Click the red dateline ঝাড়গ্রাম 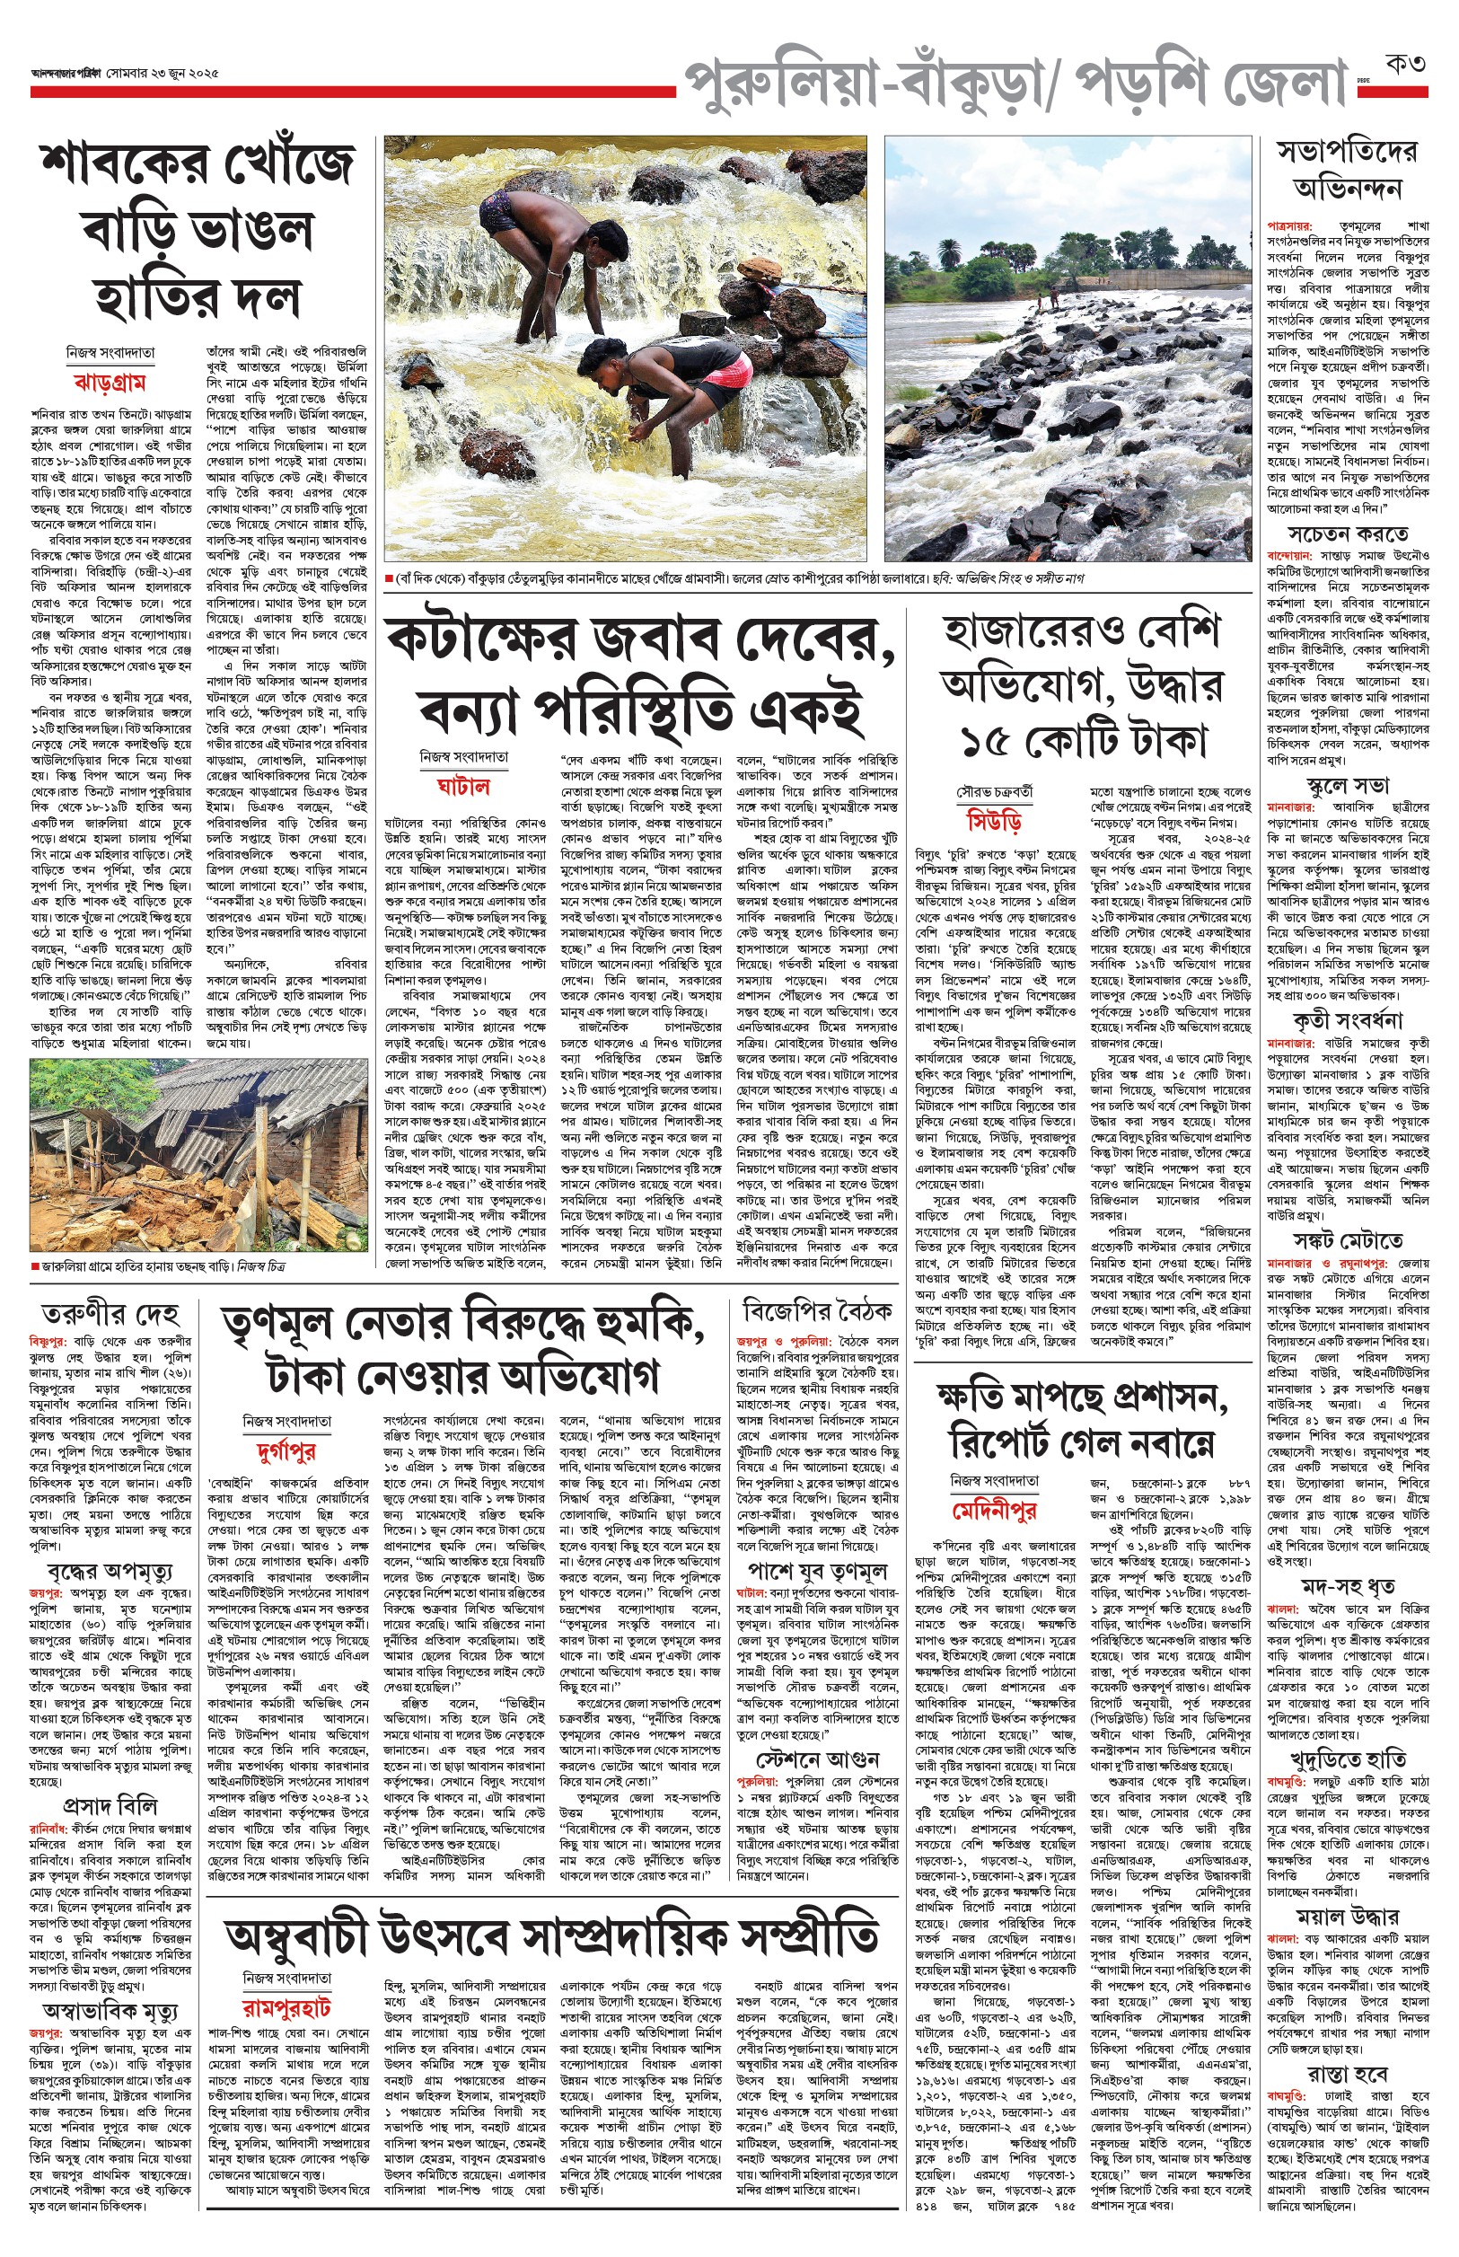[110, 383]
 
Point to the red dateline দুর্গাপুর [286, 1450]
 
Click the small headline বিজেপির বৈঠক [817, 1311]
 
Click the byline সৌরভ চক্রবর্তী [994, 790]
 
